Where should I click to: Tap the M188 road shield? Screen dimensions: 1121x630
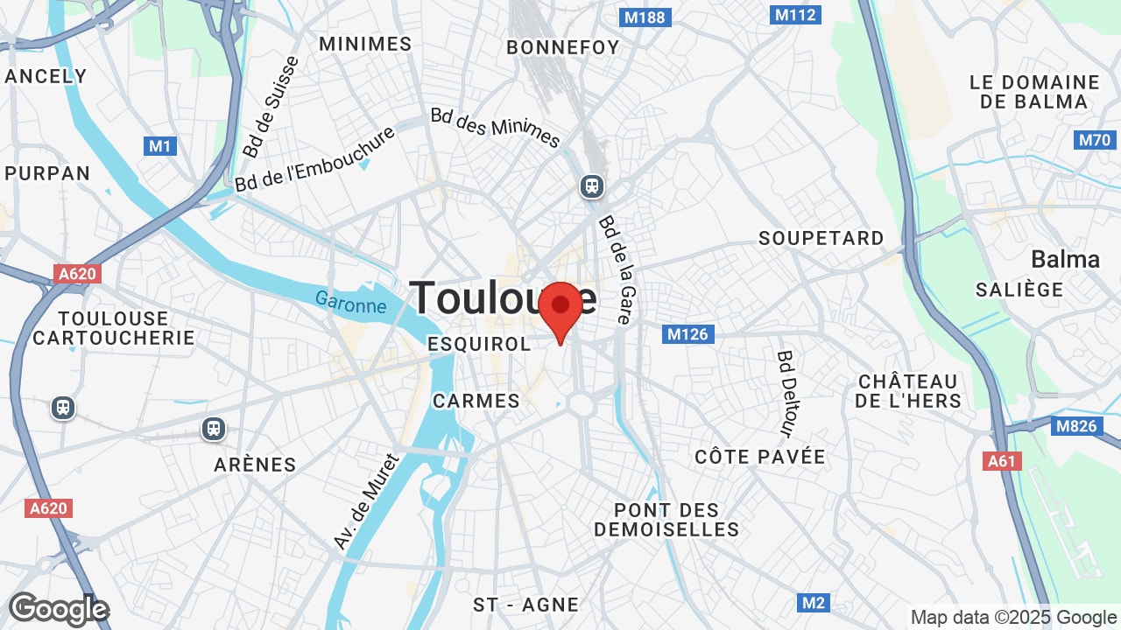tap(645, 17)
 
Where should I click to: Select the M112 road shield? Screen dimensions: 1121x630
tap(795, 14)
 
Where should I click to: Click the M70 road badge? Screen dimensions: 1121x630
tap(1094, 140)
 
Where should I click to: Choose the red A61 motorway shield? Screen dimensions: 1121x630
tap(1002, 461)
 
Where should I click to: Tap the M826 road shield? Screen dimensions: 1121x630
tap(1075, 426)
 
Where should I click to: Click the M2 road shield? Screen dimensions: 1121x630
tap(814, 603)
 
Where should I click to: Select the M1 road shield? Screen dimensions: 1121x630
tap(160, 146)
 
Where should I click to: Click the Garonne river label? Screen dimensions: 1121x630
tap(351, 303)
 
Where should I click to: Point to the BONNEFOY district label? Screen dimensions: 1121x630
tap(562, 47)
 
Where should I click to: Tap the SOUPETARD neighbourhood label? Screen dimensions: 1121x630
tap(821, 238)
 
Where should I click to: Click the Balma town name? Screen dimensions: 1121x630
tap(1065, 259)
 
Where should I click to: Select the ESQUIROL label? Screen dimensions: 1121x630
tap(479, 344)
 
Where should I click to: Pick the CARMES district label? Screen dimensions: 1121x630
tap(476, 401)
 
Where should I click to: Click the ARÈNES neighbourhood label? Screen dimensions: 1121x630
tap(255, 465)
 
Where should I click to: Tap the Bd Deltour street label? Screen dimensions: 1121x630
tap(786, 394)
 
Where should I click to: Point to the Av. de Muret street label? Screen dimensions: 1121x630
tap(366, 502)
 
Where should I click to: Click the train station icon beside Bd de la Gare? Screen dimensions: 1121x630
tap(592, 185)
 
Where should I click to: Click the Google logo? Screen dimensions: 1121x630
tap(59, 609)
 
